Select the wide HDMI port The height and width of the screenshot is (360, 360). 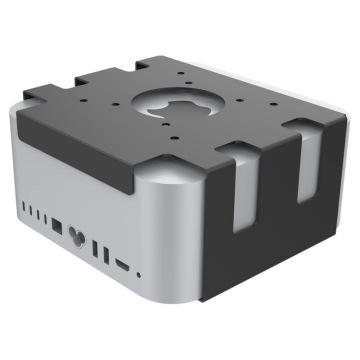(x=122, y=266)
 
